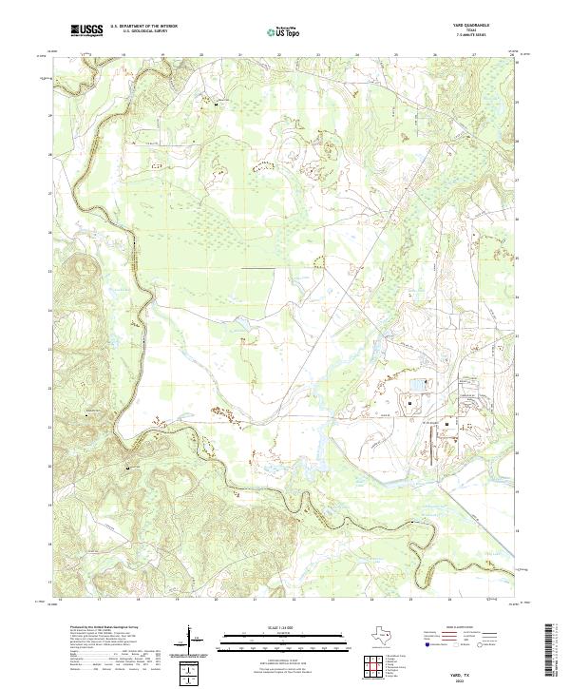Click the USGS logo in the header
click(x=86, y=30)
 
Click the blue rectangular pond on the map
click(x=419, y=385)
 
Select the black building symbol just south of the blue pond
click(x=408, y=403)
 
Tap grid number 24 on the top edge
click(x=357, y=55)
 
